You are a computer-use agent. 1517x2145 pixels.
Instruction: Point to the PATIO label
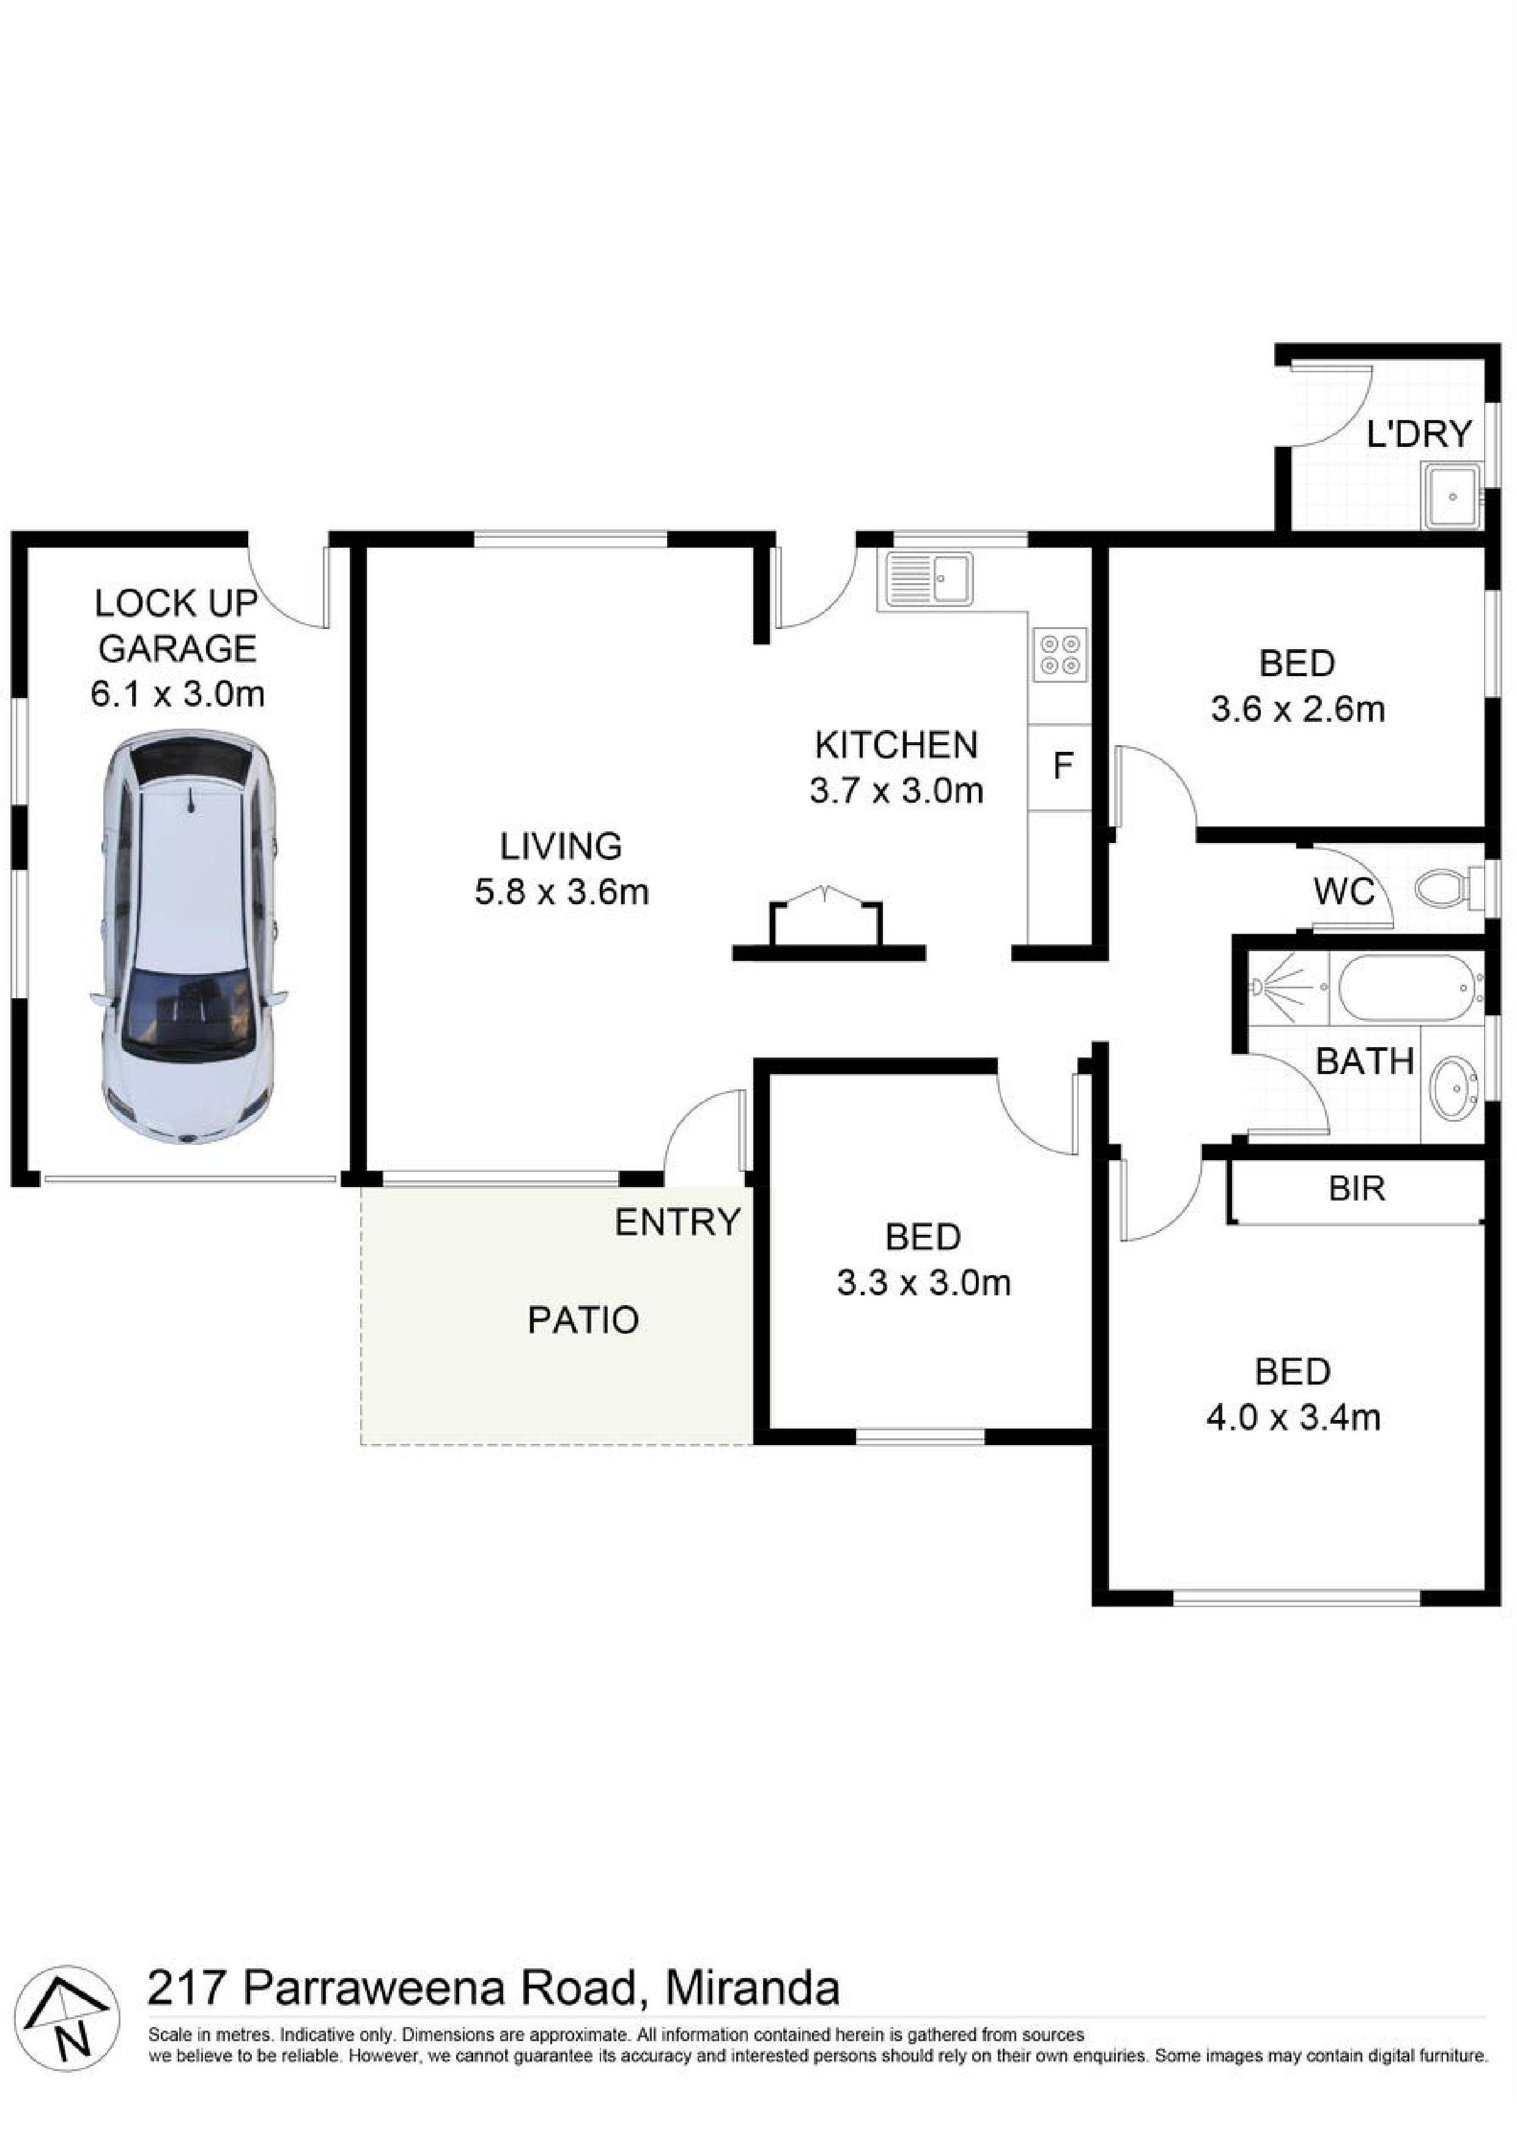(583, 1320)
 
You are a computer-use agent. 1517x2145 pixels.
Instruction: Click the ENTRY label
(677, 1222)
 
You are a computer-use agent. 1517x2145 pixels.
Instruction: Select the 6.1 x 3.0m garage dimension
(177, 693)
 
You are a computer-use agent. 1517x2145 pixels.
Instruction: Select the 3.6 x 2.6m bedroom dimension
(1298, 709)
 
